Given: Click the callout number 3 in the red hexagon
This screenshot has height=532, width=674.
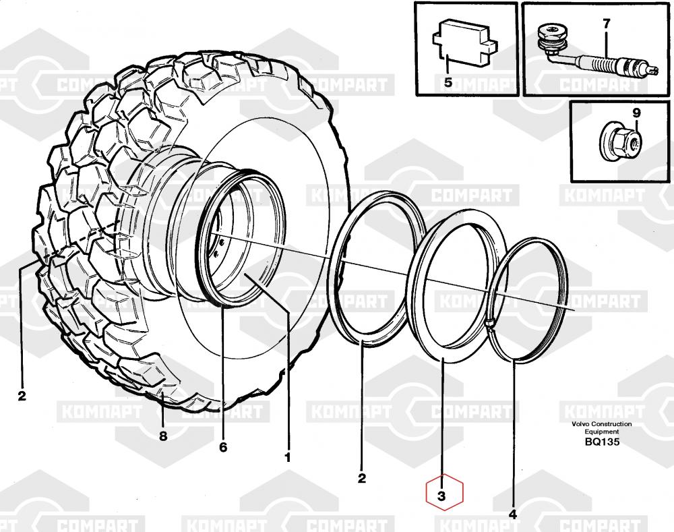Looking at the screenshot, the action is [x=441, y=496].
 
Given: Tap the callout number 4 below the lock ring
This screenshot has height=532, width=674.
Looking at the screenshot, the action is [x=512, y=514].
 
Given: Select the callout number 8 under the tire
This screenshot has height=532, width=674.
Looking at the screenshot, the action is [x=163, y=436].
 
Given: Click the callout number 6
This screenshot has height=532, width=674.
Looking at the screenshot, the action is [x=223, y=447].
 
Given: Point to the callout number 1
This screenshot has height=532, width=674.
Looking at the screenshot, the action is [x=288, y=457].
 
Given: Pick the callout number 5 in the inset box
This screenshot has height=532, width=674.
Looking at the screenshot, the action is [x=448, y=82].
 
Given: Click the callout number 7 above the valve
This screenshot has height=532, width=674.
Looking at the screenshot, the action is [x=607, y=24].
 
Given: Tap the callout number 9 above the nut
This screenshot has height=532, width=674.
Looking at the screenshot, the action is [x=637, y=113].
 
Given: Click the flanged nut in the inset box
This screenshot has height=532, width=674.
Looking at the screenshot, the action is [x=621, y=142].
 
